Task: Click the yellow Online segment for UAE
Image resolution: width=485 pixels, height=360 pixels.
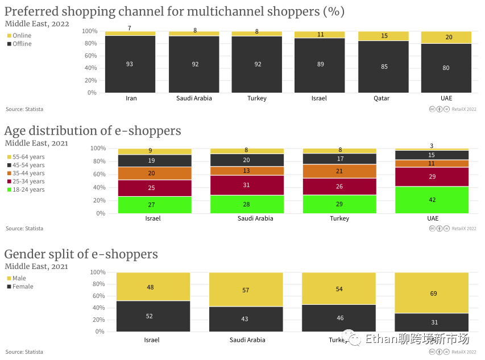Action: [x=446, y=38]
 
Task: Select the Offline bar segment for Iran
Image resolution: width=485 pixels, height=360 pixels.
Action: [x=130, y=64]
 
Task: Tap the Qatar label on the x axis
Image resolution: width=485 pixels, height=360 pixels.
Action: [x=382, y=98]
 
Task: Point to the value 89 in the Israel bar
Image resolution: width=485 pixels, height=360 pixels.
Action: [x=320, y=65]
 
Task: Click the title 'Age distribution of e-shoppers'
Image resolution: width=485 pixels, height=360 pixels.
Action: [x=93, y=131]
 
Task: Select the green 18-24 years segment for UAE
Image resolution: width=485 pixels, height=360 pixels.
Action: [x=432, y=200]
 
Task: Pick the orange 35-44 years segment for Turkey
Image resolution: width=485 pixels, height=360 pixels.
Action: [x=339, y=171]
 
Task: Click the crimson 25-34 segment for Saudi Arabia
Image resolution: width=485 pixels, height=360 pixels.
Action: [x=246, y=185]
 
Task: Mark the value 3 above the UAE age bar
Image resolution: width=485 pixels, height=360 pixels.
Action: [x=432, y=146]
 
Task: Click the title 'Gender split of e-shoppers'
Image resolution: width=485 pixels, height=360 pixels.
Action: [x=81, y=254]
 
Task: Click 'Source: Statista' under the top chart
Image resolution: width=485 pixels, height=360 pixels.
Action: [x=24, y=109]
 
